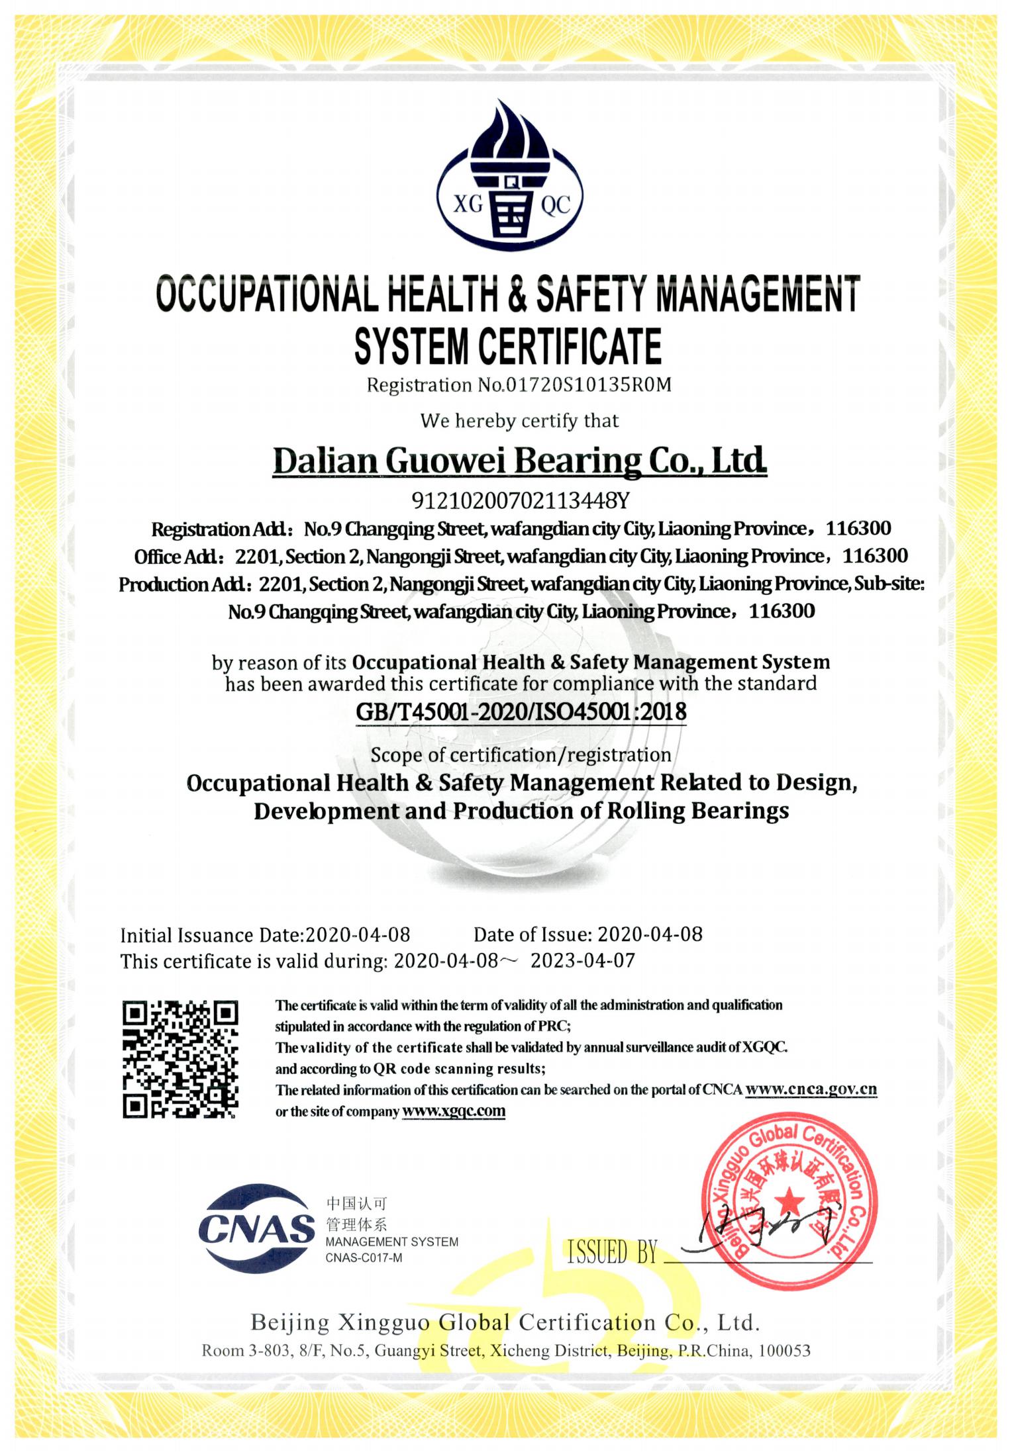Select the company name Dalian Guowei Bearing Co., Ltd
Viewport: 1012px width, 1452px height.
(x=520, y=461)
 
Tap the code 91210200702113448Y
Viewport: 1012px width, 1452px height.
(x=520, y=500)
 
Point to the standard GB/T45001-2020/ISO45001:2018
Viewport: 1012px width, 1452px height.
(x=521, y=712)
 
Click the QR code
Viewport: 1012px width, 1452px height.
(x=179, y=1059)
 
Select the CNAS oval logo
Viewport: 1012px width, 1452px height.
(x=256, y=1228)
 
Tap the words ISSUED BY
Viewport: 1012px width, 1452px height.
(x=612, y=1252)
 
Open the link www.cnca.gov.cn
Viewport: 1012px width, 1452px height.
(x=811, y=1089)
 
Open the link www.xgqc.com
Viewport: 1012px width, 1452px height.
(x=454, y=1111)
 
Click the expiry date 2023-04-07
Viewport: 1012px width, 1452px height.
(x=583, y=961)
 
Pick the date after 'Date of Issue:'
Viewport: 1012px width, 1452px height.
(x=650, y=934)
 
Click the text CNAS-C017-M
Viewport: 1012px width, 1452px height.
(x=364, y=1258)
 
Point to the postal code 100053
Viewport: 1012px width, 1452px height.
(x=784, y=1351)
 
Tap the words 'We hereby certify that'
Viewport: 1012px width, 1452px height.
(x=520, y=421)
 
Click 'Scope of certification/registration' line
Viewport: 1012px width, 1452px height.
(x=521, y=755)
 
